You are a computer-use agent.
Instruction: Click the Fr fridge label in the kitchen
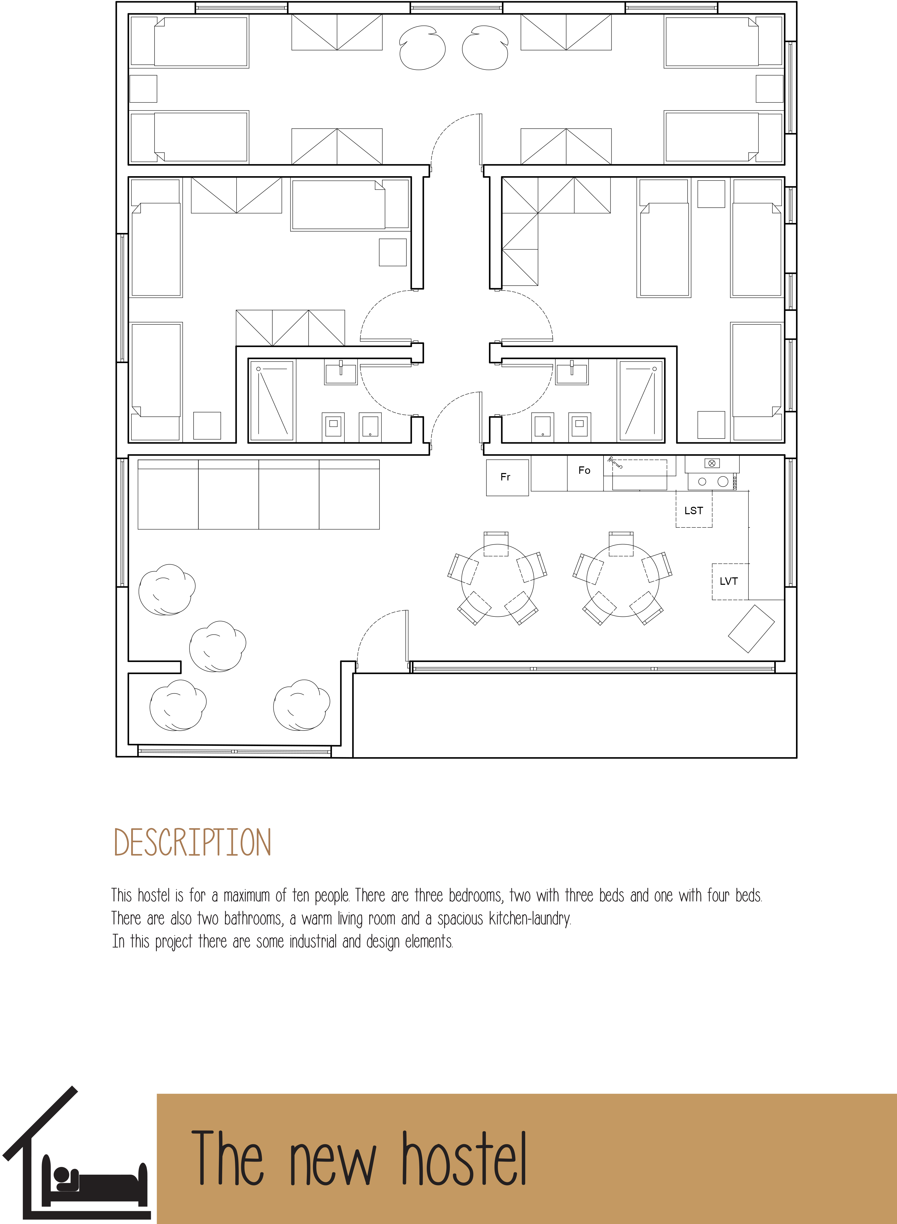click(505, 477)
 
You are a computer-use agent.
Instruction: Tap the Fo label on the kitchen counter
click(584, 470)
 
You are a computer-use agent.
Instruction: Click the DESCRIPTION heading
click(192, 843)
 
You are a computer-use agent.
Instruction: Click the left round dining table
click(497, 580)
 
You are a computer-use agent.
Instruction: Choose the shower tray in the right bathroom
click(641, 400)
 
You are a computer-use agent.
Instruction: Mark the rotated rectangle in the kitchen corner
click(751, 629)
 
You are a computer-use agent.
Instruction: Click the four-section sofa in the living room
click(259, 494)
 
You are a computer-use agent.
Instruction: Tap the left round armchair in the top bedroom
click(422, 48)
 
